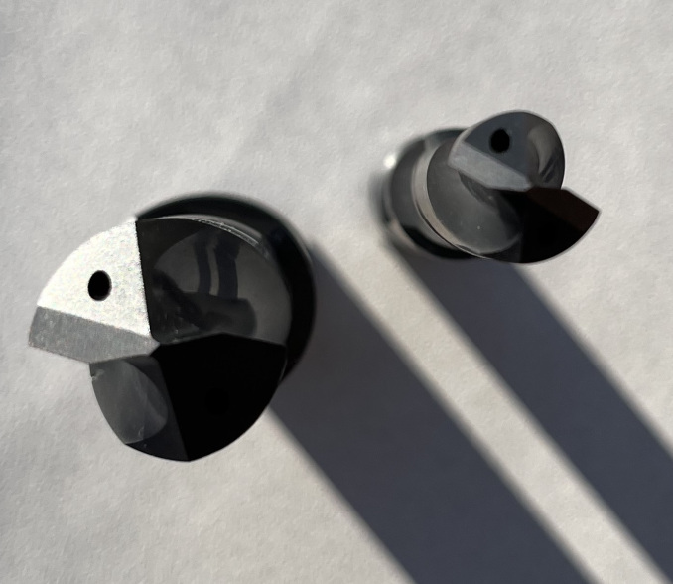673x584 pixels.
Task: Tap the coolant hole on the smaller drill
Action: [x=500, y=142]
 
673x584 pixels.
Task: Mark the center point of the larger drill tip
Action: [x=154, y=344]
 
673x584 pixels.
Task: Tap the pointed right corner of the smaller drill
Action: [x=599, y=211]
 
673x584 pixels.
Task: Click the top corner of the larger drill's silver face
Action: [x=134, y=221]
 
